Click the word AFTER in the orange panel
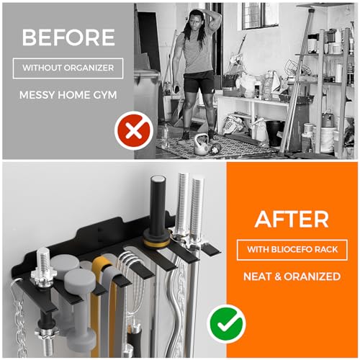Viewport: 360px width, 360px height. click(x=293, y=219)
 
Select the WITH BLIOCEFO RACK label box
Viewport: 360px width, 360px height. click(x=293, y=250)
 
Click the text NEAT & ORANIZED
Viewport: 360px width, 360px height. click(x=293, y=276)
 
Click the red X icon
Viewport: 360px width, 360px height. click(x=132, y=132)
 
